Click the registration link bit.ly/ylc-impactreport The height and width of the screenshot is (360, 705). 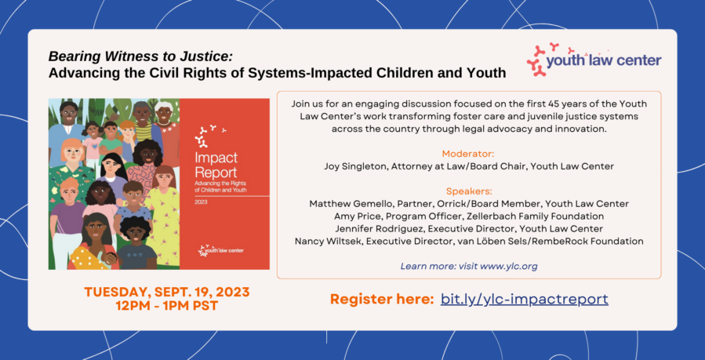tap(525, 300)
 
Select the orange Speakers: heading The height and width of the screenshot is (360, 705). tap(469, 191)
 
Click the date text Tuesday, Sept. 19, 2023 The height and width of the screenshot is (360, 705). tap(166, 292)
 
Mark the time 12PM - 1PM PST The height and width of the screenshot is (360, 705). tap(166, 307)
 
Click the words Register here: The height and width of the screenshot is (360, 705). tap(382, 300)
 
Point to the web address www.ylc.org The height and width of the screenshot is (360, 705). tap(509, 267)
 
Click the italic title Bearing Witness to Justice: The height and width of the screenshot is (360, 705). tap(140, 56)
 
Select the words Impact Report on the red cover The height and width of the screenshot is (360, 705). tap(216, 165)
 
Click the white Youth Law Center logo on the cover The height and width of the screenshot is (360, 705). tap(221, 250)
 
